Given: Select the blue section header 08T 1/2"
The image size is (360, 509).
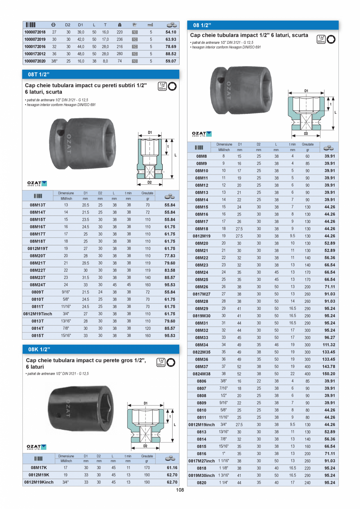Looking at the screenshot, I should (x=39, y=74).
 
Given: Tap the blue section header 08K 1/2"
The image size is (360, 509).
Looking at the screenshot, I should (x=39, y=349).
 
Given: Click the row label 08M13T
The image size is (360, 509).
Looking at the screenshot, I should (x=38, y=205).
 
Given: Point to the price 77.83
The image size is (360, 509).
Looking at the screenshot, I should (x=169, y=256).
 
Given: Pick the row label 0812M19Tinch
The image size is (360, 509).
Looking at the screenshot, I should (x=38, y=314).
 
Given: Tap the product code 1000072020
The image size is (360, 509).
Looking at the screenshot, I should (x=35, y=61).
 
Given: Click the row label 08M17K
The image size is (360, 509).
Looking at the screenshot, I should (x=38, y=468).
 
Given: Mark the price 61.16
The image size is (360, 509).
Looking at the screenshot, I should (x=172, y=468).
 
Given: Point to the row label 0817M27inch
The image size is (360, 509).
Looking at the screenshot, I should (x=202, y=461).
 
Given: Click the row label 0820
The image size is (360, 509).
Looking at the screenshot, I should (x=202, y=483).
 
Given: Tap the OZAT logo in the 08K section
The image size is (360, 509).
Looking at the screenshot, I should (x=36, y=447).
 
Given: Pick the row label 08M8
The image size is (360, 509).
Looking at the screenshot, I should (x=202, y=156).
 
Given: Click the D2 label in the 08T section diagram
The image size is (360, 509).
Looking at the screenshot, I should (x=149, y=182).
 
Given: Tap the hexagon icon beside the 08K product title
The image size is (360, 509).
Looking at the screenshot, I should (x=171, y=362).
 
